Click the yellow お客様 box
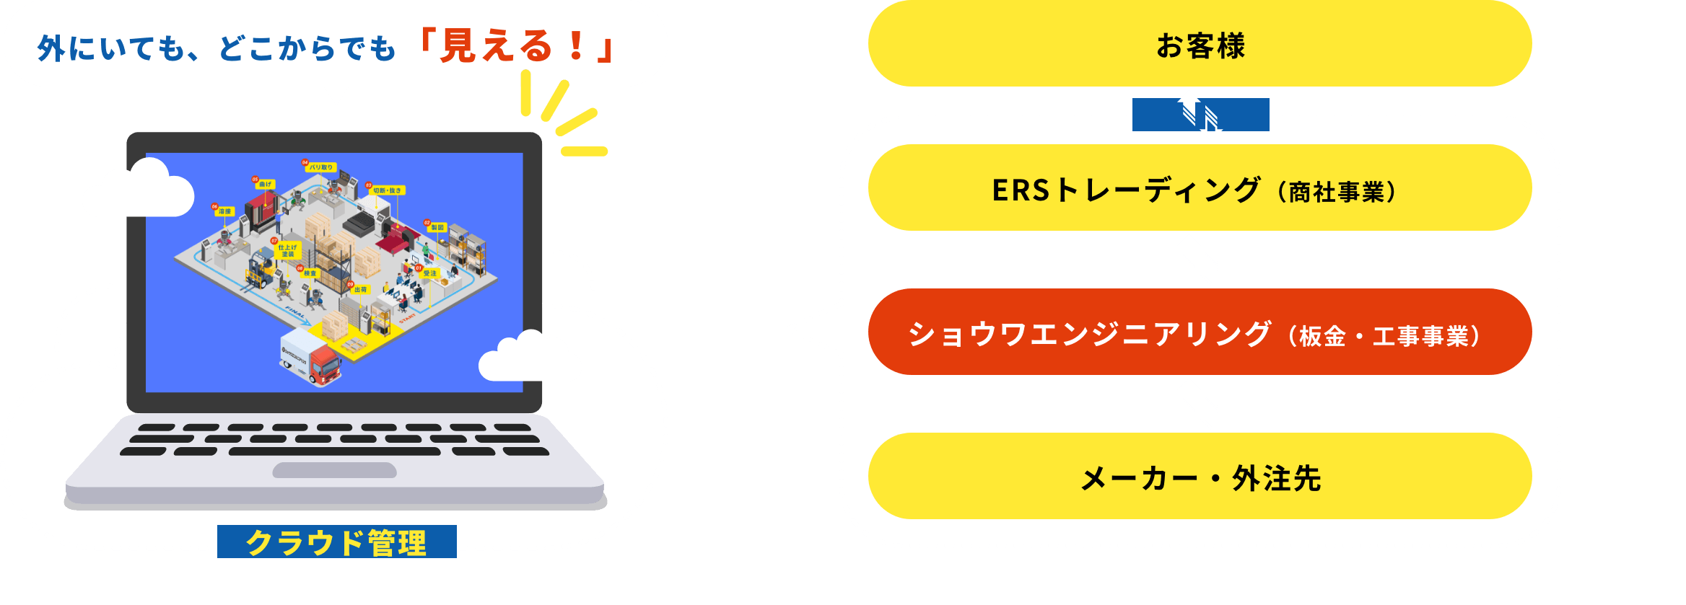click(1200, 45)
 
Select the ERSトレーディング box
click(1200, 189)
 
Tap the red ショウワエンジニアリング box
click(1200, 333)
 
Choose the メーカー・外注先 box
click(1200, 477)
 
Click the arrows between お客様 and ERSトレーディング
click(1200, 115)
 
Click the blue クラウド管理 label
click(336, 542)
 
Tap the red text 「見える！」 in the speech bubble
click(515, 46)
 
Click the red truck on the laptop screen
click(324, 365)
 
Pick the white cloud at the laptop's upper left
click(138, 190)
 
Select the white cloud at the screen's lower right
click(530, 357)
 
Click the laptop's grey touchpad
click(334, 470)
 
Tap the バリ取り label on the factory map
click(321, 167)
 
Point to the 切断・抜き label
click(388, 190)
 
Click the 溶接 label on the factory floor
click(225, 211)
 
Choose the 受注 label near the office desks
click(430, 273)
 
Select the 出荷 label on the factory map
click(361, 289)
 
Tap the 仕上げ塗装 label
click(288, 250)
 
